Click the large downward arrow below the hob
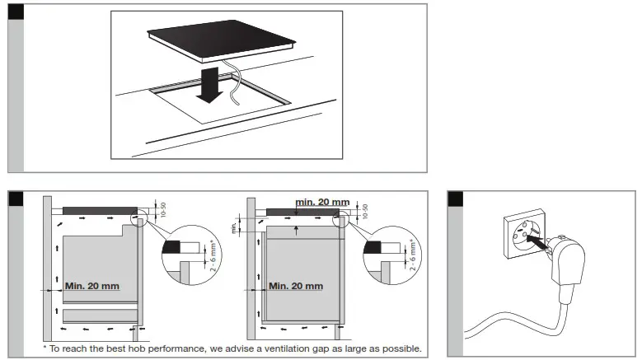[211, 87]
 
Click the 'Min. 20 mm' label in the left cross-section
[91, 285]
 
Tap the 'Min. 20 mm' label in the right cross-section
[296, 285]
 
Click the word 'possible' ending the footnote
[401, 349]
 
